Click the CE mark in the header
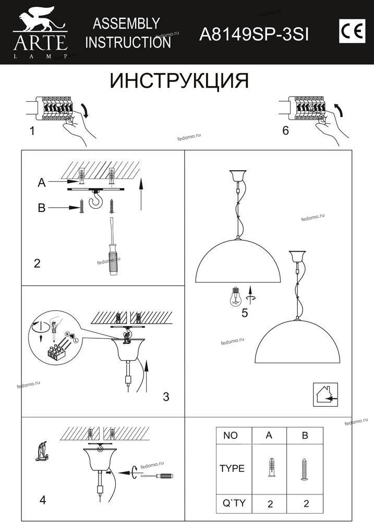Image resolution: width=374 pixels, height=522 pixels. [352, 31]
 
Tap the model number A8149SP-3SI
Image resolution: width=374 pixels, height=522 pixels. [254, 34]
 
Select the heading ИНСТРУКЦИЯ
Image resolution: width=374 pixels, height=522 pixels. [179, 81]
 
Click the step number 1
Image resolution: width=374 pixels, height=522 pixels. [32, 131]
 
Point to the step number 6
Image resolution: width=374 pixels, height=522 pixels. [285, 130]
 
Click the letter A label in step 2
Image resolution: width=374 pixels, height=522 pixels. [42, 182]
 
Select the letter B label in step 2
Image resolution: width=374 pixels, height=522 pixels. [42, 208]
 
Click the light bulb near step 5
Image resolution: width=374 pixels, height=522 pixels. [236, 296]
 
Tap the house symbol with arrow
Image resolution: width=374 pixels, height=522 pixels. [325, 395]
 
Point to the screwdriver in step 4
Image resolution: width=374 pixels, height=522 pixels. [157, 476]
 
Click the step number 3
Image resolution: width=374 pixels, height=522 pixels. [166, 397]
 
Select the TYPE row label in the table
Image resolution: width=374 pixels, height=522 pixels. [232, 468]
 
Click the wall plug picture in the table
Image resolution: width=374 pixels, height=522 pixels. [272, 467]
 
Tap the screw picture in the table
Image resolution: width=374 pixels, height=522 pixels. [305, 469]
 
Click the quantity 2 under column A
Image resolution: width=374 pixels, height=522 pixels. [270, 504]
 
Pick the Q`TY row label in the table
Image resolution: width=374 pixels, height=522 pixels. [234, 503]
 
